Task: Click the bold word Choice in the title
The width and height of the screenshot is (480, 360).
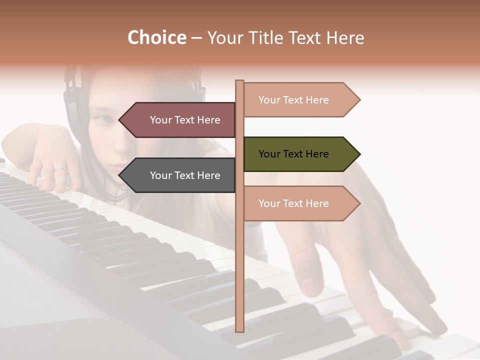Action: point(156,38)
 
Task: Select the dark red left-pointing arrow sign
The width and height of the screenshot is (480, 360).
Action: point(180,120)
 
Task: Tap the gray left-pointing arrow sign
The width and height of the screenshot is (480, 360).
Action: point(180,175)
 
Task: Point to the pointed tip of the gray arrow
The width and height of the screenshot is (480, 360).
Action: point(119,175)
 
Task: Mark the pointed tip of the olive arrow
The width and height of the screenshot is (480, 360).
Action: point(359,154)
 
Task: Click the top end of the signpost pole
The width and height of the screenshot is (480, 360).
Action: point(239,81)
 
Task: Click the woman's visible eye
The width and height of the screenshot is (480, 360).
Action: point(104,119)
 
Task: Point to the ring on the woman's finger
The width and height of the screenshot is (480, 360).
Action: point(60,169)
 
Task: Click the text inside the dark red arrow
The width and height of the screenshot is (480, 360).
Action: point(185,120)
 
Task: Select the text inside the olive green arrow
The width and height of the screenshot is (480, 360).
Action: point(293,154)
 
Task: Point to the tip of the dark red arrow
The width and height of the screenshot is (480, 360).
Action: point(119,120)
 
